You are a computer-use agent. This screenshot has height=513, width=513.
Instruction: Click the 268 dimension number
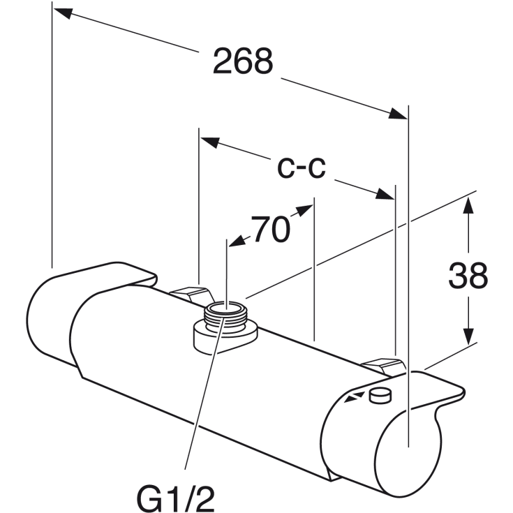pos(243,61)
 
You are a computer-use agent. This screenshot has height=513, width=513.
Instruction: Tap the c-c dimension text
pos(302,168)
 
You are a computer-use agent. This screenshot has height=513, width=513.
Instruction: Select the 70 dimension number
pos(270,229)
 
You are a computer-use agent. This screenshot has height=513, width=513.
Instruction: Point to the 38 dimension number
pos(468,276)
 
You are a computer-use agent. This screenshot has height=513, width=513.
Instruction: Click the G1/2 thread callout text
pos(176,499)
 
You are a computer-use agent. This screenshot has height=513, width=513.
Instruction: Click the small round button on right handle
pos(380,395)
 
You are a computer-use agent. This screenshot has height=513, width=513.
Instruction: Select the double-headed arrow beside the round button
pos(354,396)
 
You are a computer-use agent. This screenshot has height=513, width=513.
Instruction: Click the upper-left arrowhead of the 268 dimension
pos(63,13)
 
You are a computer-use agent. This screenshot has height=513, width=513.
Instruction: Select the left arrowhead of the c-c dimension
pos(209,142)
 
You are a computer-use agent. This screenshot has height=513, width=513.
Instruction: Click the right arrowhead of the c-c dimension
pos(385,194)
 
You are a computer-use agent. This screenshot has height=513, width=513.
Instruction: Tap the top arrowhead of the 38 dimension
pos(468,205)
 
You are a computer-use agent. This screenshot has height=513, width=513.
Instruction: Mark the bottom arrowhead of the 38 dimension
pos(468,336)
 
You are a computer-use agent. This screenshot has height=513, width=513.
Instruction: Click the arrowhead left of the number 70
pos(237,241)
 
